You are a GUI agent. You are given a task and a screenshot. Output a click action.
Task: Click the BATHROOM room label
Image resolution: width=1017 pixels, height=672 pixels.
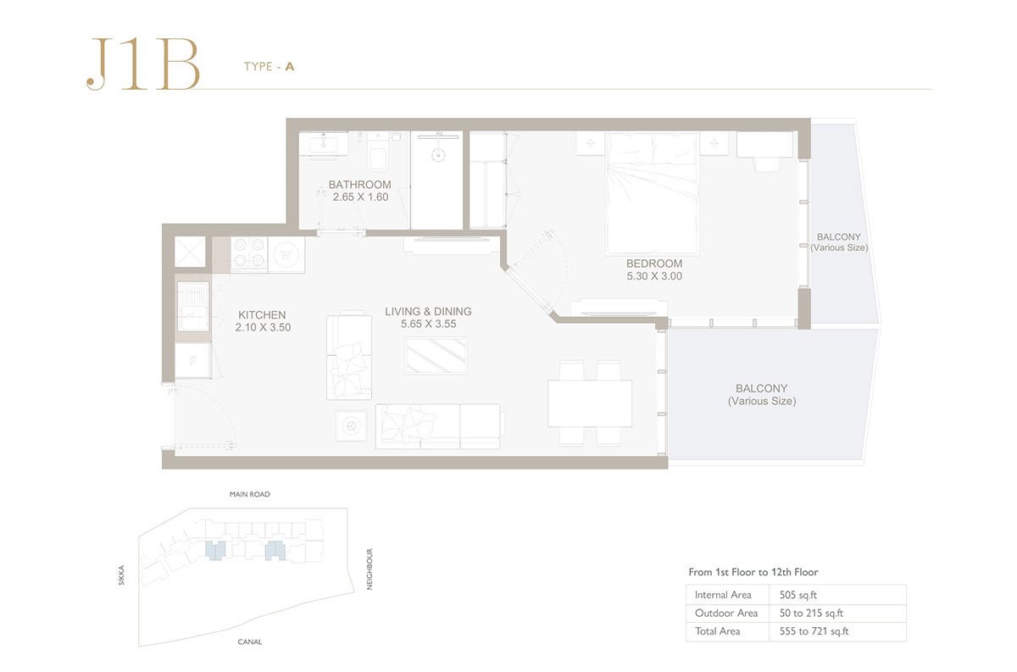359,185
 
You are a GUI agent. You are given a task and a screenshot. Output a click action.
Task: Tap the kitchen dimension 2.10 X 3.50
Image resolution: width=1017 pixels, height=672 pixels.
263,327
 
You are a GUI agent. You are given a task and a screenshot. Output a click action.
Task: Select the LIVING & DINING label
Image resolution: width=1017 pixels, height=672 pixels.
428,312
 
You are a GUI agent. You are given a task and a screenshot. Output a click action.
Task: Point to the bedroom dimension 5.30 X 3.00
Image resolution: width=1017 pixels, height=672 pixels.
654,275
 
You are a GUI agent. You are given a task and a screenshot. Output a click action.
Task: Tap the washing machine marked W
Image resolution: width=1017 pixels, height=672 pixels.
286,255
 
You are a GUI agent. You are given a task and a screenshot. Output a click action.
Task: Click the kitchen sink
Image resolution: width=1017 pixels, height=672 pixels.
193,307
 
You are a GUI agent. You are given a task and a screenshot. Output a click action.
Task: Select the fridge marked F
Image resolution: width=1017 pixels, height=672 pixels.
193,361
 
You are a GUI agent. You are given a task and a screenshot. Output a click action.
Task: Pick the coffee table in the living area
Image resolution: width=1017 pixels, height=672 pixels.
436,356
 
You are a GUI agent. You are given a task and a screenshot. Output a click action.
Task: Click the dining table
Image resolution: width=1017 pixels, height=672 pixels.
590,403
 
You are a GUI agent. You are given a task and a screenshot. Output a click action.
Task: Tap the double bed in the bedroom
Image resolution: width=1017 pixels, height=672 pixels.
652,193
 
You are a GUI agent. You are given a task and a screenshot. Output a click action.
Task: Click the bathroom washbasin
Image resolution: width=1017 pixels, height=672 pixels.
324,145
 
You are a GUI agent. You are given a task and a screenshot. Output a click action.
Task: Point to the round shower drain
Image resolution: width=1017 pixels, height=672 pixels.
438,155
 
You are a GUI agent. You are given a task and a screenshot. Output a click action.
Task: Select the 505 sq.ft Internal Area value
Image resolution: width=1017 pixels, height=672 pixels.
798,595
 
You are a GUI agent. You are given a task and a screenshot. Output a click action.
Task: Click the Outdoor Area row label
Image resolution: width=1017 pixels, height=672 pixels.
726,613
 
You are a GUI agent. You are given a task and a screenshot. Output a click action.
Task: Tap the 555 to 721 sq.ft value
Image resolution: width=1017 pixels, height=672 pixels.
814,631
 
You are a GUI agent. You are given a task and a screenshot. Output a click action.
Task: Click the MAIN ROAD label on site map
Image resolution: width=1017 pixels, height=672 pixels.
250,494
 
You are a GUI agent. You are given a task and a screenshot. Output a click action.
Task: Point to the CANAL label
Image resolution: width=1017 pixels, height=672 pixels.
250,641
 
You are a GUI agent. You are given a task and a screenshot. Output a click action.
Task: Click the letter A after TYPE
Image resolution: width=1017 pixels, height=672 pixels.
290,67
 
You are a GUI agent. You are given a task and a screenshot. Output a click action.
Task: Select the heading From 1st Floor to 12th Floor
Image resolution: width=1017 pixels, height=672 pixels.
753,572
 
